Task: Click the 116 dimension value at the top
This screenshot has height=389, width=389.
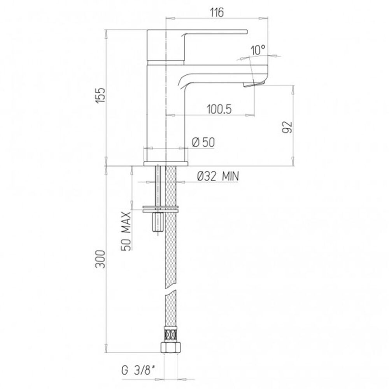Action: coord(217,12)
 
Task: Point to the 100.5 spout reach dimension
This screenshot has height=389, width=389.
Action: coord(219,109)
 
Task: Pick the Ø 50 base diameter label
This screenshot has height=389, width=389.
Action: coord(203,142)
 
